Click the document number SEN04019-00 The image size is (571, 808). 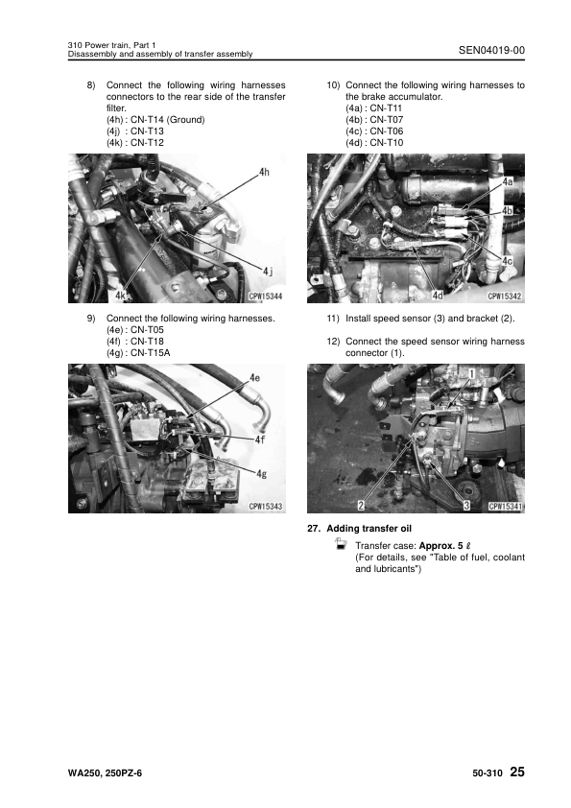click(x=491, y=50)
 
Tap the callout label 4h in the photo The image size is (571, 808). click(x=264, y=172)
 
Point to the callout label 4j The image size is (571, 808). click(x=268, y=271)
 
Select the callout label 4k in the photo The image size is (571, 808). click(x=121, y=296)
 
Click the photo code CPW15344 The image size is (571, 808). click(x=266, y=297)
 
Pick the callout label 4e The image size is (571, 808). click(x=254, y=378)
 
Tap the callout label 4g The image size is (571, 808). click(x=262, y=473)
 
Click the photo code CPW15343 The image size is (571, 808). click(x=266, y=507)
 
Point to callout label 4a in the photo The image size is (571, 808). click(x=508, y=181)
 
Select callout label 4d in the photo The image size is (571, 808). click(x=437, y=296)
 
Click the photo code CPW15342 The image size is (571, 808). click(x=505, y=297)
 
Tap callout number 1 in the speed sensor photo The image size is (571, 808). click(x=471, y=373)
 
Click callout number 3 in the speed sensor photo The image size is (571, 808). click(x=466, y=506)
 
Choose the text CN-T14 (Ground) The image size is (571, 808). click(x=168, y=120)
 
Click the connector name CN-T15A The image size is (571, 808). click(x=150, y=353)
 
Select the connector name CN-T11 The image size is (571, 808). click(x=386, y=108)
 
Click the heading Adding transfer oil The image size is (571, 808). click(x=369, y=528)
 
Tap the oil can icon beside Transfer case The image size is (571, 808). click(x=340, y=544)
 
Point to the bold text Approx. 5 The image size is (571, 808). click(x=441, y=546)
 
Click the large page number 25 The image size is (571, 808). click(x=517, y=772)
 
